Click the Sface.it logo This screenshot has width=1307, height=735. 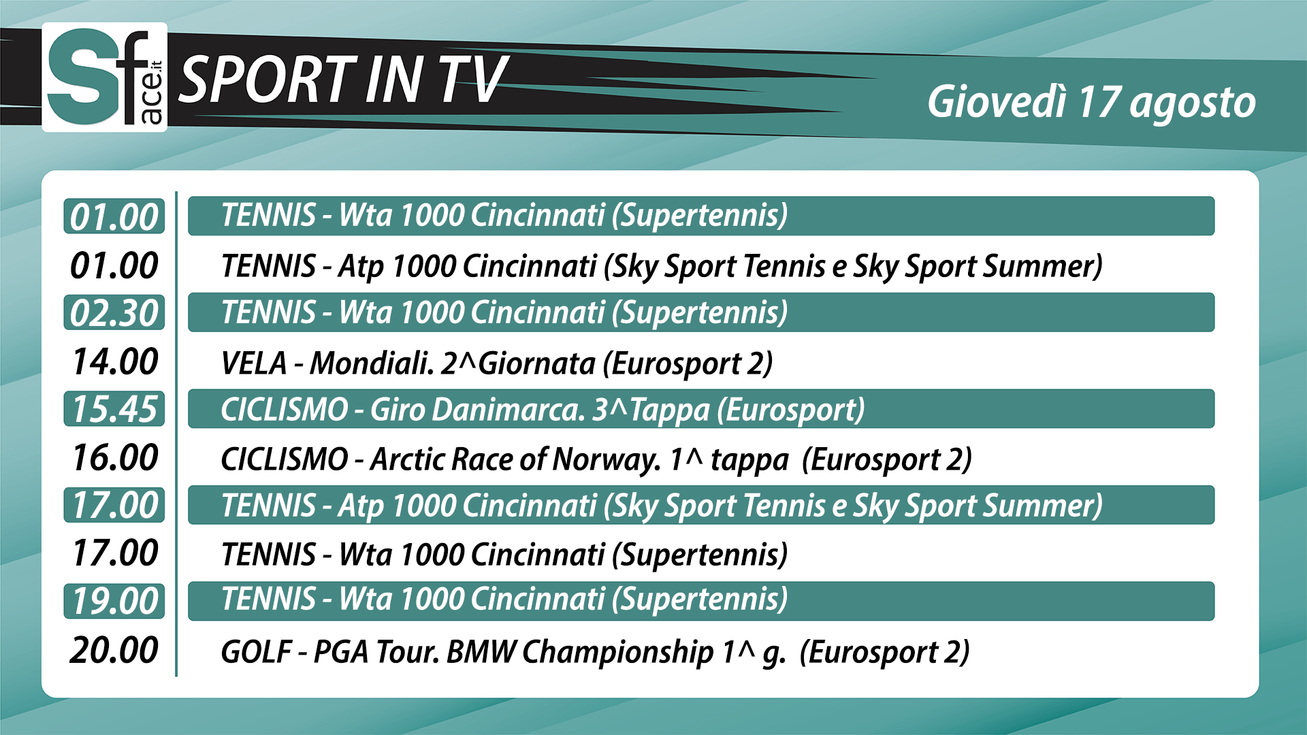105,77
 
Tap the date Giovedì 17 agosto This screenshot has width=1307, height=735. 1091,103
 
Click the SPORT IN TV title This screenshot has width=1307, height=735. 343,80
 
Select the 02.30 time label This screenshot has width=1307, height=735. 114,313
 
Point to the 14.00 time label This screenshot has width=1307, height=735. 115,361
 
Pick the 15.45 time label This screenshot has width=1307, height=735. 114,409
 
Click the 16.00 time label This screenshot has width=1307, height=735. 115,457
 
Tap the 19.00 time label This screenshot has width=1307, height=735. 114,602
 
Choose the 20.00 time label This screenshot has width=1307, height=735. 114,650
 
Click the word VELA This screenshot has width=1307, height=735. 254,363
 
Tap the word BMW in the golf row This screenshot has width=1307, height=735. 481,652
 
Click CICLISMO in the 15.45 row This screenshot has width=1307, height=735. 285,410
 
